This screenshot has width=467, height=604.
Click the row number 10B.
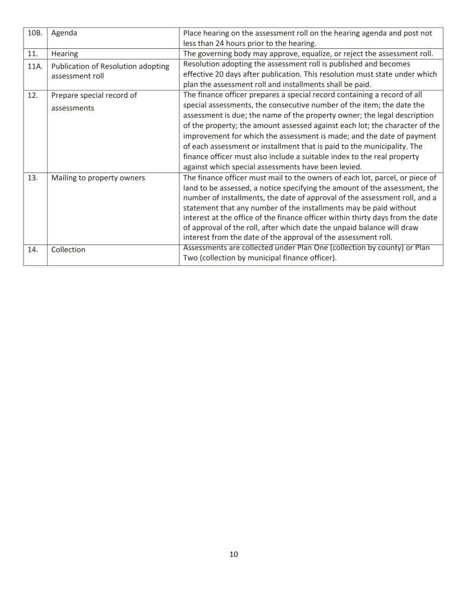click(x=34, y=34)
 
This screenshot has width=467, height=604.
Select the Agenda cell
click(x=64, y=34)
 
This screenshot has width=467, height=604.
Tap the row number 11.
click(x=32, y=54)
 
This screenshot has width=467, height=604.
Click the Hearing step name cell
click(x=65, y=54)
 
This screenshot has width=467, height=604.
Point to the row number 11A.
click(x=35, y=66)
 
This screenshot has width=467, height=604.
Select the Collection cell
click(x=68, y=250)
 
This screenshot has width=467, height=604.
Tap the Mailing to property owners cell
click(x=98, y=178)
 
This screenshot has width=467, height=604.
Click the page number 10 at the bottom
click(x=233, y=554)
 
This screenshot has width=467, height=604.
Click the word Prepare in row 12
click(x=67, y=96)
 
